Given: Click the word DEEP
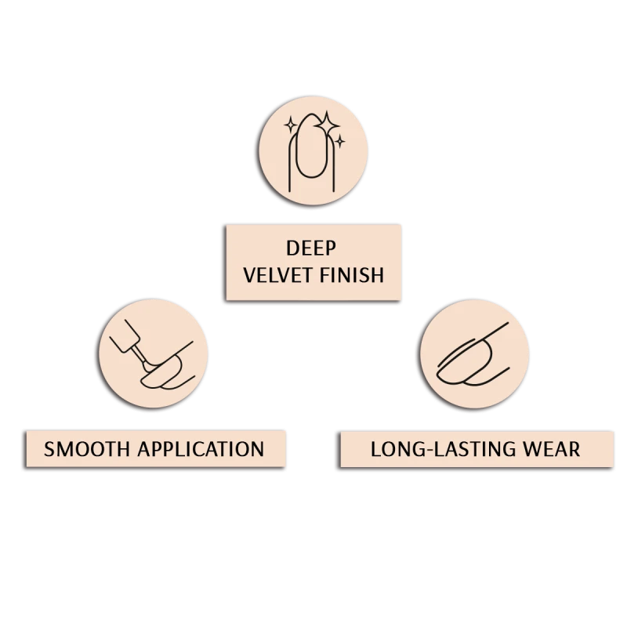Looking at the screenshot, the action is (x=311, y=248).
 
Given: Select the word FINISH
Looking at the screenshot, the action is (x=352, y=276).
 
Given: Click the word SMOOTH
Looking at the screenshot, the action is (x=87, y=449).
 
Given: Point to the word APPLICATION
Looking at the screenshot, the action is (x=201, y=449).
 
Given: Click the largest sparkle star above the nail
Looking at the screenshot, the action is (x=327, y=124).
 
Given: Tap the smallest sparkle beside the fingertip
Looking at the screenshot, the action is (x=340, y=141).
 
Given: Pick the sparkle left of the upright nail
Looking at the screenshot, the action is (x=291, y=125).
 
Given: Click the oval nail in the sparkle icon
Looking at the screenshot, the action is (x=311, y=146).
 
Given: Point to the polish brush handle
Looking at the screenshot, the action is (x=125, y=336).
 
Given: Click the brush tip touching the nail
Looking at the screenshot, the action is (x=150, y=366).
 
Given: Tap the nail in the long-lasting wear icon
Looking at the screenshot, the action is (x=464, y=363).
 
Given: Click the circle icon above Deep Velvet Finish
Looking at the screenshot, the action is (x=313, y=150).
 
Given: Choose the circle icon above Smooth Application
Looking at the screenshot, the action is (x=153, y=353).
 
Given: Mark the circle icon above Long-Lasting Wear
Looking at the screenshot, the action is (x=475, y=354).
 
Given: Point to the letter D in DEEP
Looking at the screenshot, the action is (x=292, y=248).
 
